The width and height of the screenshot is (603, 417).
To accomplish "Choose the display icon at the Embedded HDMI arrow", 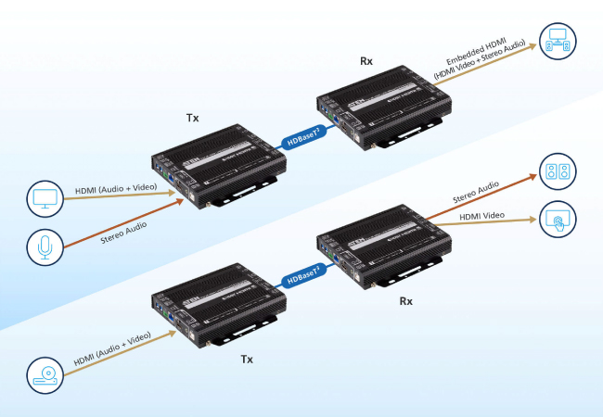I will pos(559,43).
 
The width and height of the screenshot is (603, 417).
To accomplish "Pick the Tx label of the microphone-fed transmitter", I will pos(193,120).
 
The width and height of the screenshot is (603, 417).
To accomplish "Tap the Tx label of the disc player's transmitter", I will pos(246,359).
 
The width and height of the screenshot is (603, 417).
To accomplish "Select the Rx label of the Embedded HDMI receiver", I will pos(367,61).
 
